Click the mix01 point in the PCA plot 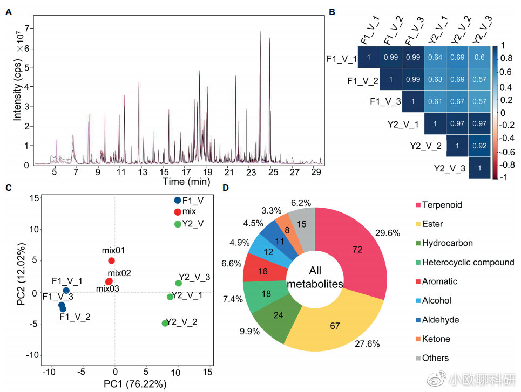click(x=112, y=260)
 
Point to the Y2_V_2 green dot click(x=165, y=323)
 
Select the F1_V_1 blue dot click(x=66, y=291)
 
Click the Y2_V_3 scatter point click(x=179, y=283)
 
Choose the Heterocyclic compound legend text click(x=468, y=262)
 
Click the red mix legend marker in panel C click(x=178, y=211)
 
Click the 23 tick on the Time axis click(x=251, y=172)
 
